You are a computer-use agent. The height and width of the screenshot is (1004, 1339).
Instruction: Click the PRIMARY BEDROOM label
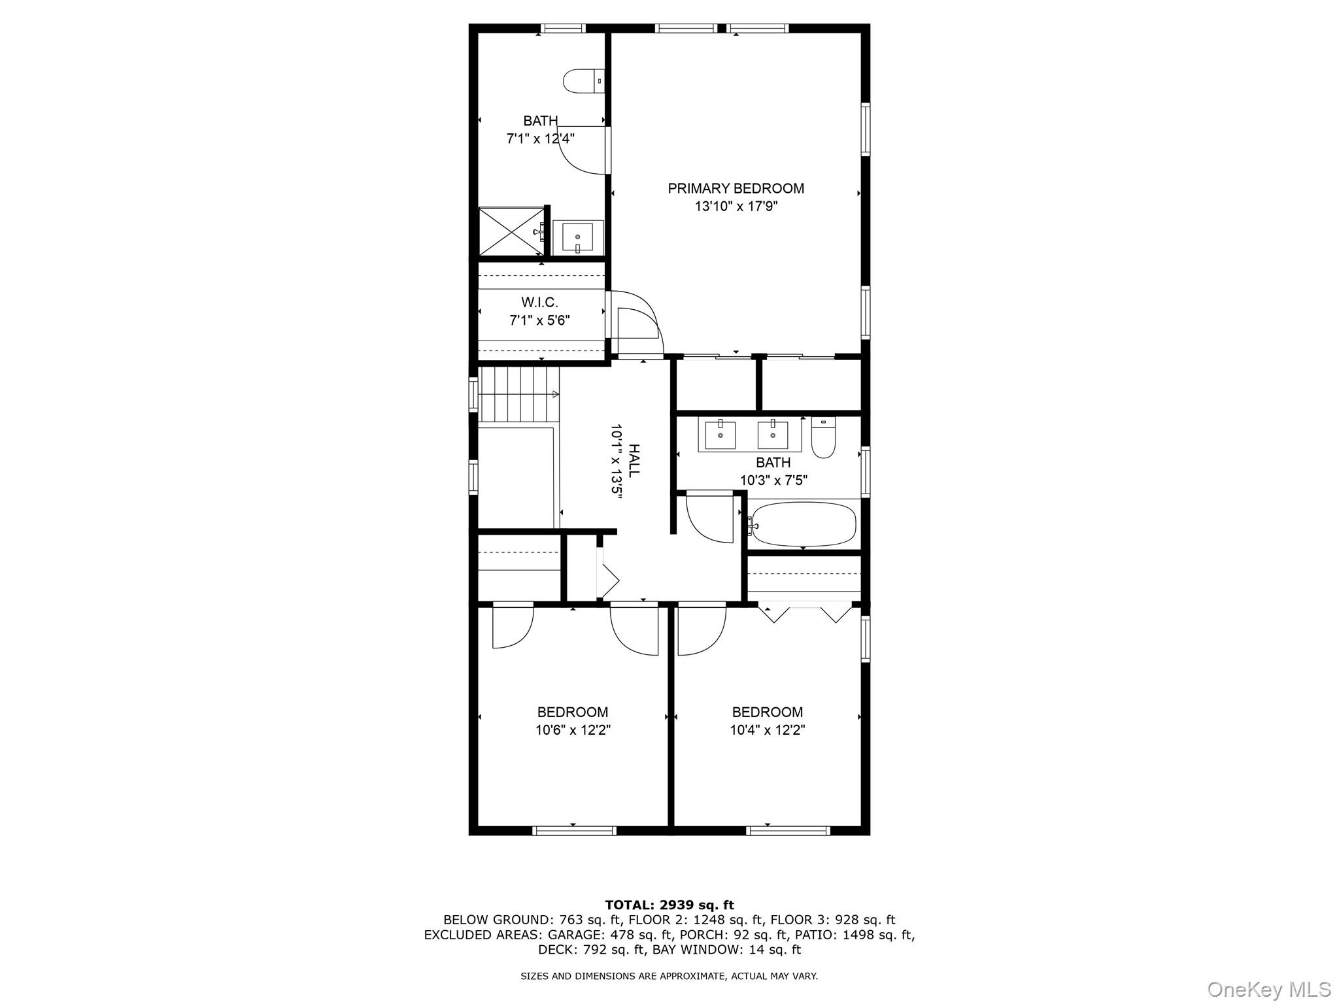click(736, 188)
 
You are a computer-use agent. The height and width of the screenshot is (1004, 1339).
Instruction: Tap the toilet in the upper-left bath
click(582, 81)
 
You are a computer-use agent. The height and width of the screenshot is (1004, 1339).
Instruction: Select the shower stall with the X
click(511, 231)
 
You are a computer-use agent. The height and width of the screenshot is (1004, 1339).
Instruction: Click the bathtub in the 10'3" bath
click(803, 524)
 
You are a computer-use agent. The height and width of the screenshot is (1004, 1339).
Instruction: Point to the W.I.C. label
click(539, 303)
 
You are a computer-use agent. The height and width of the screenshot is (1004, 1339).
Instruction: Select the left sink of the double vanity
click(720, 435)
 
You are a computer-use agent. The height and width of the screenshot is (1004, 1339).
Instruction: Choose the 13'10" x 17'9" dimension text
click(736, 207)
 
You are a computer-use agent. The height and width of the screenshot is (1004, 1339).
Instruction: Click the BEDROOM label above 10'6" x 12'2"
click(572, 712)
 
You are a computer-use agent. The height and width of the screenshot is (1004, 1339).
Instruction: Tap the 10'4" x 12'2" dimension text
click(767, 729)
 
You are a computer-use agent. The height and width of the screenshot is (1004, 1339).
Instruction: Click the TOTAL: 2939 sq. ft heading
click(669, 905)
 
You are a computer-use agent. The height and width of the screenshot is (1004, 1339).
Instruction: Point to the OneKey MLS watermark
click(1268, 989)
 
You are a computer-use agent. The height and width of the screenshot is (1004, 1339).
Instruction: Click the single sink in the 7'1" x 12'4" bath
click(577, 237)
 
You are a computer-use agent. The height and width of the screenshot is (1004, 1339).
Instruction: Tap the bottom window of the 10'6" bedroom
click(574, 831)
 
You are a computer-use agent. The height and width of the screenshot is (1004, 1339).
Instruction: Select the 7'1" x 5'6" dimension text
click(539, 320)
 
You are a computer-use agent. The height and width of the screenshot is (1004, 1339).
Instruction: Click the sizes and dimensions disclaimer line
click(669, 976)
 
